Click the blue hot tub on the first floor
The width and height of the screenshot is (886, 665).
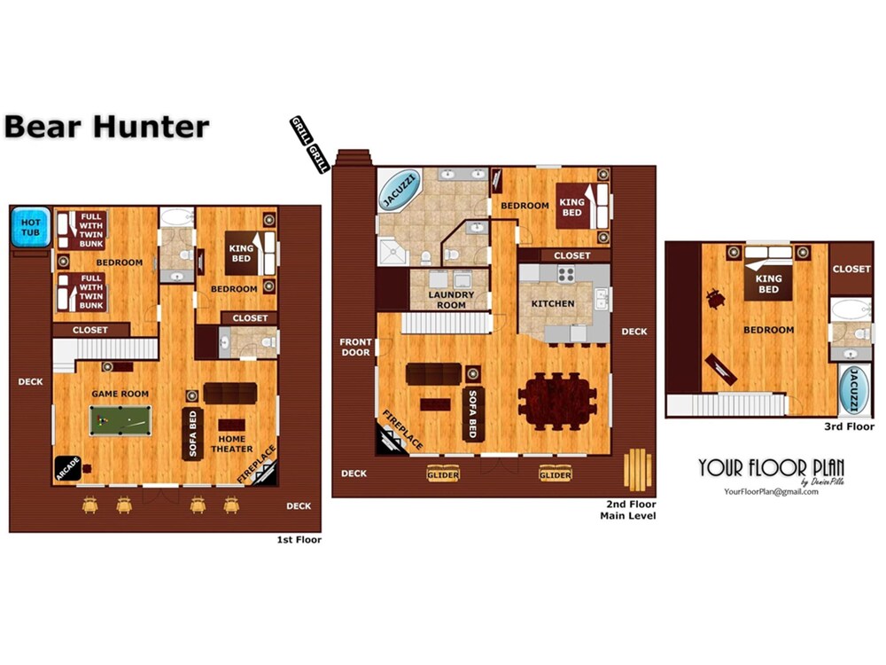click(x=30, y=227)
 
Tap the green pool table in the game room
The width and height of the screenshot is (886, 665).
click(x=120, y=420)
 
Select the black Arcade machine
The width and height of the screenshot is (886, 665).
click(x=68, y=468)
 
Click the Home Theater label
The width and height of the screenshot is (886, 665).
click(x=231, y=444)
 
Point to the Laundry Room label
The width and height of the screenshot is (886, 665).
click(x=451, y=300)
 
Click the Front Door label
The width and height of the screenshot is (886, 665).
click(x=355, y=348)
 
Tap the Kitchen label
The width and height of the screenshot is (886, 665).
click(x=553, y=303)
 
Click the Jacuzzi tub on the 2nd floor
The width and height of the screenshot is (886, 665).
click(x=400, y=191)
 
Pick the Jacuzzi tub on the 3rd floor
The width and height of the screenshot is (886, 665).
click(x=854, y=389)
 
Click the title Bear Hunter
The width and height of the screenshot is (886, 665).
click(x=107, y=127)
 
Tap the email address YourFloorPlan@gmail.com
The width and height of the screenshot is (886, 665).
click(x=772, y=492)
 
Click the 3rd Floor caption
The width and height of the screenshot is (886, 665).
click(x=849, y=427)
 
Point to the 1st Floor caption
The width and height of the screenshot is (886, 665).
click(x=299, y=540)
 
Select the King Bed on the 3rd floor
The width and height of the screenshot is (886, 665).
click(x=768, y=274)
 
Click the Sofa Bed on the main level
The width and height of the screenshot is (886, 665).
click(x=473, y=414)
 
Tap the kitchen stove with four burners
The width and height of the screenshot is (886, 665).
click(x=566, y=274)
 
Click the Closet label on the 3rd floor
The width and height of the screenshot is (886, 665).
click(x=851, y=270)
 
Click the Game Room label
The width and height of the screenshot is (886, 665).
click(x=120, y=395)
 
